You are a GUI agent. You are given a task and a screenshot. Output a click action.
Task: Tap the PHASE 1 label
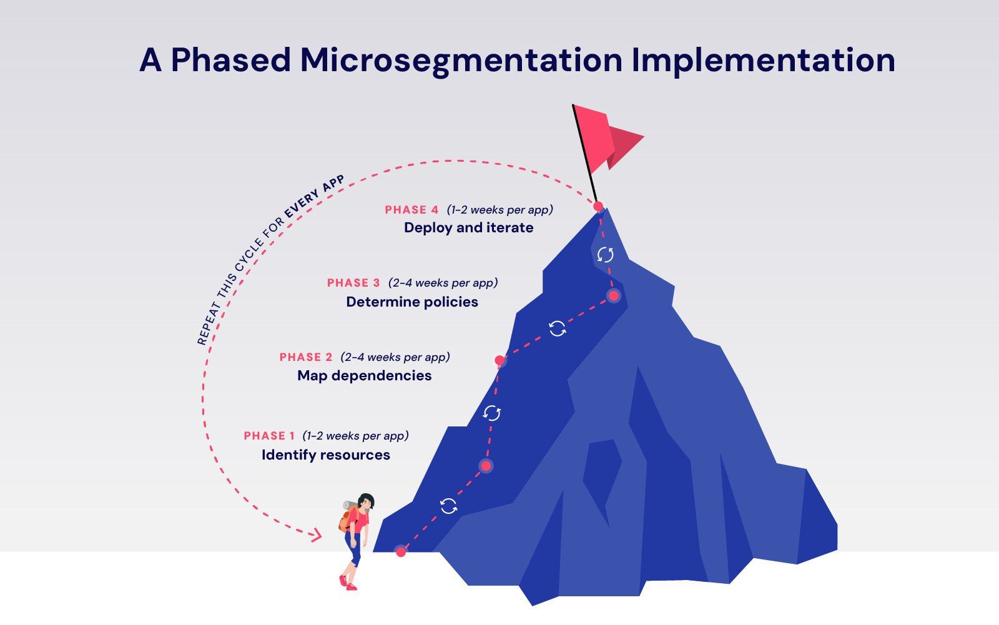269,436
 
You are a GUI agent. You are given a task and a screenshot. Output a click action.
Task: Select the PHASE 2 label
306,357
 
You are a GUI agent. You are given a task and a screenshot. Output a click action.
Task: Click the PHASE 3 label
353,283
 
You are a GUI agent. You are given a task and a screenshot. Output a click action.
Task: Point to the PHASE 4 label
411,210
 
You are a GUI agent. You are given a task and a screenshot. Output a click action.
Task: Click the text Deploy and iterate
468,228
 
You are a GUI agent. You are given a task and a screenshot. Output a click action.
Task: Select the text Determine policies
412,302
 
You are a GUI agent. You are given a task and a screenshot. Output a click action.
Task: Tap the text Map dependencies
364,376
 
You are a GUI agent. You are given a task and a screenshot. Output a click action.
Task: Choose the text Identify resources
325,455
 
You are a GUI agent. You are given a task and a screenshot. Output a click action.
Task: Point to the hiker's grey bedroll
350,504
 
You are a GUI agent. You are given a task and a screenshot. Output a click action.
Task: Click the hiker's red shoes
348,583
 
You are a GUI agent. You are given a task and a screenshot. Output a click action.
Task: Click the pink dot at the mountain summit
598,206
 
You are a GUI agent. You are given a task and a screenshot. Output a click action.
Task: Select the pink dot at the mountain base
401,551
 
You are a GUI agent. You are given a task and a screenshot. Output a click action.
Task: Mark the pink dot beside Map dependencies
499,360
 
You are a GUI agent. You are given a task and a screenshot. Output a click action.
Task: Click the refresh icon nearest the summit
605,254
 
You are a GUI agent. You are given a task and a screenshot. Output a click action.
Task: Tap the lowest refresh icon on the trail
448,506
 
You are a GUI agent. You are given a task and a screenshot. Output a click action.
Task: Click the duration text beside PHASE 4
500,210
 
